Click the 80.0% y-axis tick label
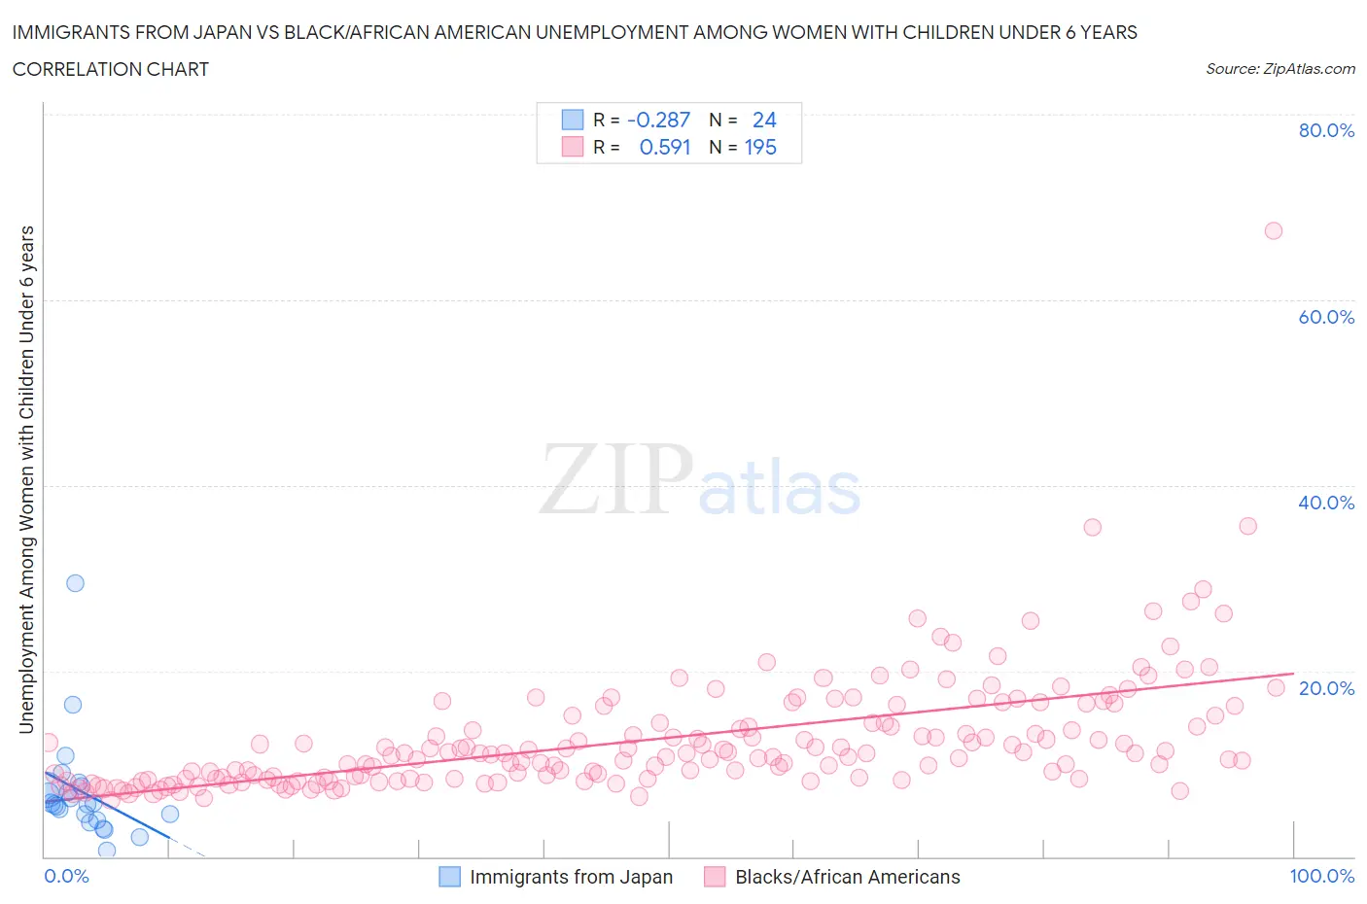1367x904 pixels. pyautogui.click(x=1326, y=130)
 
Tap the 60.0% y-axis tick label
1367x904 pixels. pyautogui.click(x=1326, y=317)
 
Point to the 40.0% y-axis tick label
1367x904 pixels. pyautogui.click(x=1326, y=503)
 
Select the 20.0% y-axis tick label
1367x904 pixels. pyautogui.click(x=1326, y=688)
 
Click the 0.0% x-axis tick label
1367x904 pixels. pyautogui.click(x=66, y=876)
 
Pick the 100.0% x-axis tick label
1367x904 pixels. pyautogui.click(x=1321, y=876)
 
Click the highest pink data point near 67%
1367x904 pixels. pyautogui.click(x=1273, y=230)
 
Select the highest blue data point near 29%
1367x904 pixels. pyautogui.click(x=75, y=583)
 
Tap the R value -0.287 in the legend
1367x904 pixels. pyautogui.click(x=658, y=120)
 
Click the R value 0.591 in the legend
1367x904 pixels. pyautogui.click(x=664, y=147)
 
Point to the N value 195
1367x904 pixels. pyautogui.click(x=760, y=147)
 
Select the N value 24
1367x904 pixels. pyautogui.click(x=764, y=120)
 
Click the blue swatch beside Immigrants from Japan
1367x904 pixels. pyautogui.click(x=449, y=877)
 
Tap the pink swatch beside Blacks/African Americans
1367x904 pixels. pyautogui.click(x=715, y=877)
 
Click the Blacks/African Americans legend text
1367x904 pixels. pyautogui.click(x=847, y=877)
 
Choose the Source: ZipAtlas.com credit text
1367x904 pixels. pyautogui.click(x=1279, y=68)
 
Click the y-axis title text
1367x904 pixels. pyautogui.click(x=26, y=479)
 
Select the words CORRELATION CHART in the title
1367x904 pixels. pyautogui.click(x=110, y=69)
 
